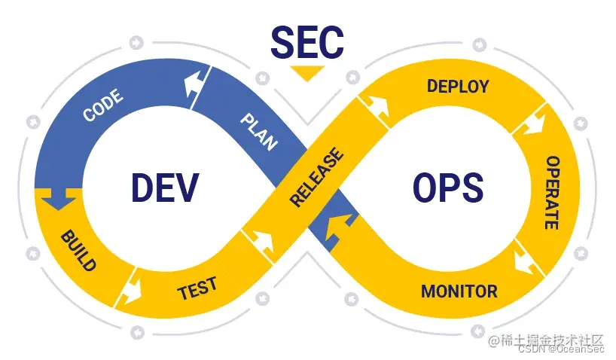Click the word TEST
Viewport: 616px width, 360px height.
(x=197, y=288)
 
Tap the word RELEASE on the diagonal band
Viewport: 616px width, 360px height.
(x=316, y=178)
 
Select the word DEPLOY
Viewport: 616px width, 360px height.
(x=458, y=86)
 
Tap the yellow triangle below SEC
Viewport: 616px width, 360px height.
(x=307, y=73)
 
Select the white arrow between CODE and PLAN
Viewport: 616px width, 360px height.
(x=197, y=83)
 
